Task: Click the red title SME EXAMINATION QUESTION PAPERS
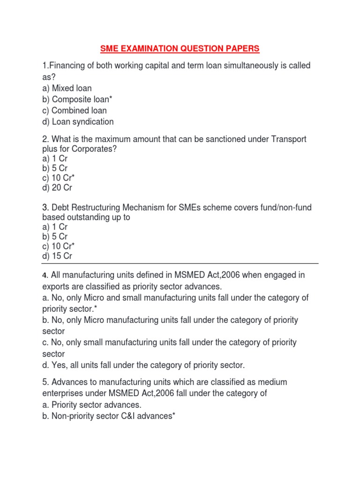point(180,48)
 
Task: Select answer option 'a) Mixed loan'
point(67,88)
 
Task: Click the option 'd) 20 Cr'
point(57,187)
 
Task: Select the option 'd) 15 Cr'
point(57,256)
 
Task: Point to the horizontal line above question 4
point(180,263)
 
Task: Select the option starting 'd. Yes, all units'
point(143,365)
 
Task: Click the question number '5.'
point(45,382)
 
